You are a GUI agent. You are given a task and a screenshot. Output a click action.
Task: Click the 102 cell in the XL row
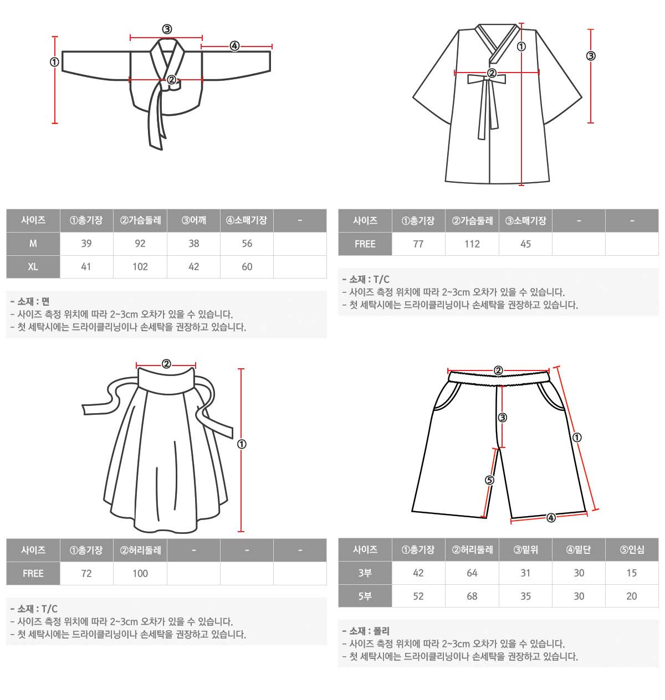click(140, 267)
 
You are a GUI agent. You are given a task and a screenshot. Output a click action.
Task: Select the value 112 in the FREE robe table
click(472, 244)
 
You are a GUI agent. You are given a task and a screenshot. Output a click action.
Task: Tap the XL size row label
click(33, 267)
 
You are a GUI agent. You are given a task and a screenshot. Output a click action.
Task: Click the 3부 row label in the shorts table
click(365, 573)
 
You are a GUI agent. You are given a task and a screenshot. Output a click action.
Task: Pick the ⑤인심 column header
click(632, 550)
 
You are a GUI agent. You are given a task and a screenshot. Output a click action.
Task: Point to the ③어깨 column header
click(193, 220)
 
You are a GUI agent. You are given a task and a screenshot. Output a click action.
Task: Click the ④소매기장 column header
click(247, 220)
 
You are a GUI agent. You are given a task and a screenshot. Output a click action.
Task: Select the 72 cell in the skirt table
click(86, 574)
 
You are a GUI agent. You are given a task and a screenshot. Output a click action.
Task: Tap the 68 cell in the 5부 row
click(472, 596)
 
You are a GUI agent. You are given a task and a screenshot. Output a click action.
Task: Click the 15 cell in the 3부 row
click(632, 573)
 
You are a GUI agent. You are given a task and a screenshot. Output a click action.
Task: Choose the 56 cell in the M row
click(247, 244)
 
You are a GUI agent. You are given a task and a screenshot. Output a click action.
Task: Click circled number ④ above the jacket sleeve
click(234, 46)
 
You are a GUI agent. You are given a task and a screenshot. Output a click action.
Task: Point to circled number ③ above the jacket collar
click(167, 29)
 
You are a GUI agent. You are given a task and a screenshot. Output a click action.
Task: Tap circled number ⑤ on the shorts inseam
click(490, 480)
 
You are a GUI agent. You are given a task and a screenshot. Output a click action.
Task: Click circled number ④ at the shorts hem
click(551, 518)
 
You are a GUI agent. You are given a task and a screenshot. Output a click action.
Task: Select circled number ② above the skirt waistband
click(166, 364)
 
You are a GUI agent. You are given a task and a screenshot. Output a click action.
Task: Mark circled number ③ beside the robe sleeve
click(591, 56)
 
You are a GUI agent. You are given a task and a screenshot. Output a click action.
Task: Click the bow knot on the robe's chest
click(487, 79)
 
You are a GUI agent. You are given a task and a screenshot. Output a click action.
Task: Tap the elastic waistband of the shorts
click(498, 378)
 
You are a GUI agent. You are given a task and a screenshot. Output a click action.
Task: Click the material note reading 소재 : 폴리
click(366, 631)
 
